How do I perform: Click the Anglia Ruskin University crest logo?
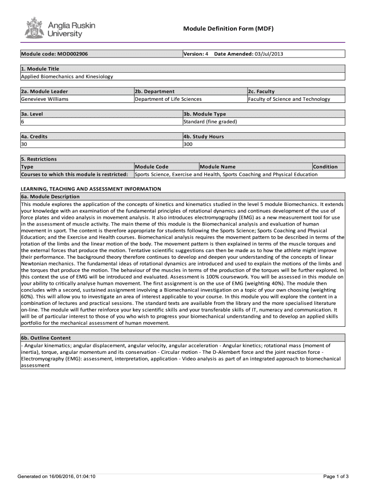click(x=33, y=28)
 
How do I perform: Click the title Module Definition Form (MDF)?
click(x=229, y=29)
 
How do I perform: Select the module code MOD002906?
click(x=54, y=54)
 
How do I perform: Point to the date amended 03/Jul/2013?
click(x=269, y=54)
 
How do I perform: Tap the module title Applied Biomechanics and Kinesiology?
click(x=67, y=77)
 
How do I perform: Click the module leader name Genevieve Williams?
click(x=45, y=99)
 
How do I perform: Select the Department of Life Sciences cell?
click(x=168, y=99)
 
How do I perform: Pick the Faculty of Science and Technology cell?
click(x=289, y=99)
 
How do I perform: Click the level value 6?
click(x=22, y=121)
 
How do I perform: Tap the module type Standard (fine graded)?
click(x=210, y=121)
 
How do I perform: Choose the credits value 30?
click(x=24, y=144)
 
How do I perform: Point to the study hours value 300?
click(x=188, y=144)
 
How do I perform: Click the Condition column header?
click(x=326, y=166)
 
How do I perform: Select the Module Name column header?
click(x=218, y=166)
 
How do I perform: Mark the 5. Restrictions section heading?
click(x=39, y=159)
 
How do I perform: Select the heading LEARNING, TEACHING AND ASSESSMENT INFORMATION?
click(x=91, y=189)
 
